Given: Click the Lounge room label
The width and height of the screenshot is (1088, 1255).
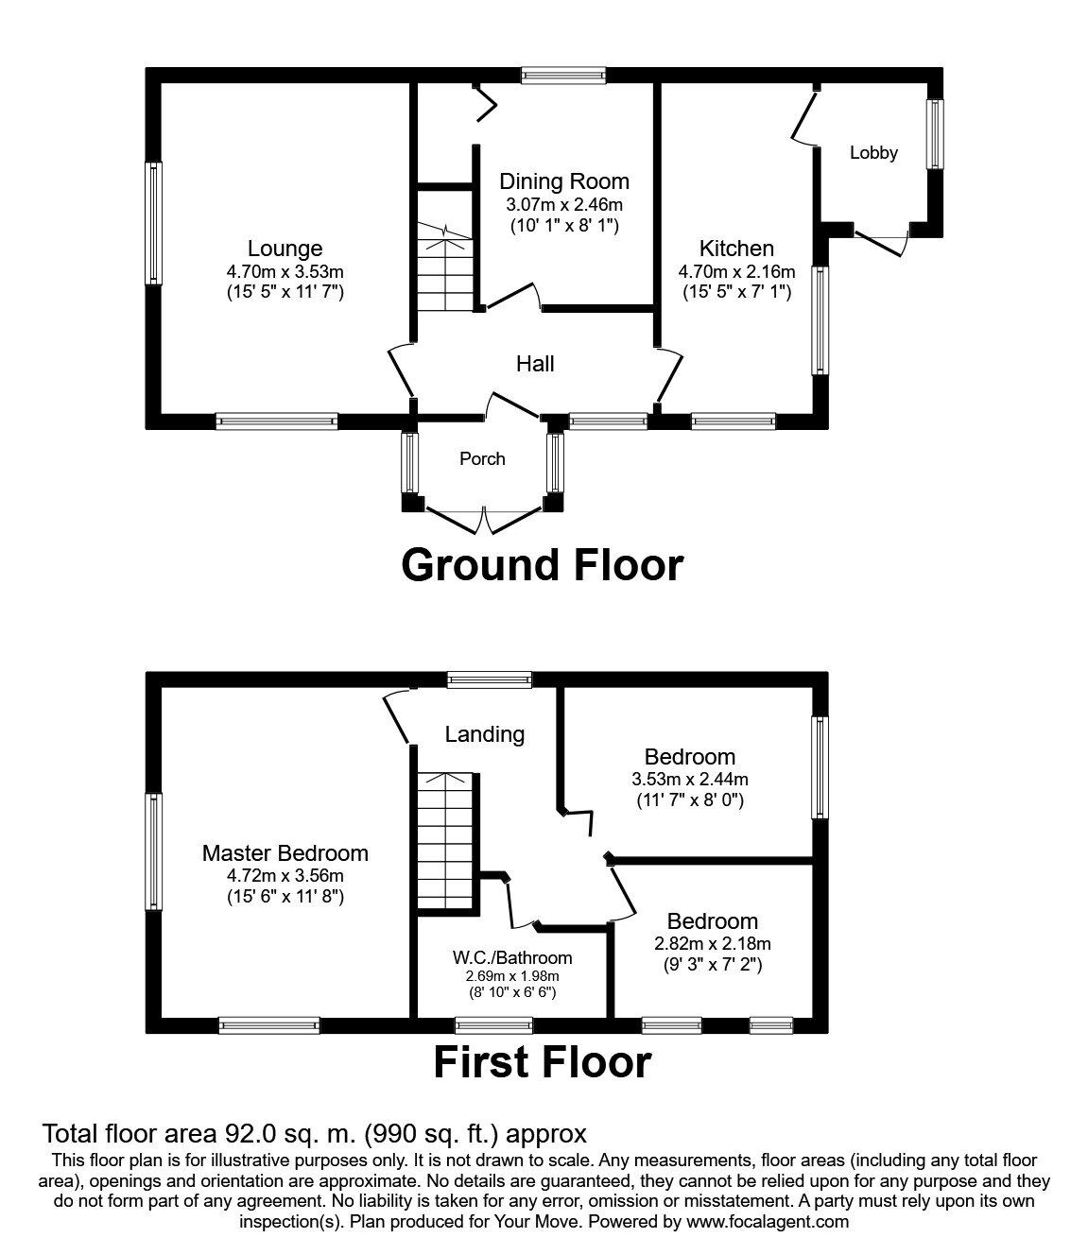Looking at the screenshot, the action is point(285,249).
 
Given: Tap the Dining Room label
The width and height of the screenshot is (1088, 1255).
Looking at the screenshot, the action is point(563,181).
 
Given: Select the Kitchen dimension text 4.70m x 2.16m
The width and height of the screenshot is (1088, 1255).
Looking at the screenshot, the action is point(736,271).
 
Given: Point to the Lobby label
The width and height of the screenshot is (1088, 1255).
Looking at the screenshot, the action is point(872,153).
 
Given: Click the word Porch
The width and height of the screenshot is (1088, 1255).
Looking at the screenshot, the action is point(482,458).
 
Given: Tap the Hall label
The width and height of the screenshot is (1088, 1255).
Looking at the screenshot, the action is point(535,364).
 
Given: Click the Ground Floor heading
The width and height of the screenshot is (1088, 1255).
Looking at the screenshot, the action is point(542,565).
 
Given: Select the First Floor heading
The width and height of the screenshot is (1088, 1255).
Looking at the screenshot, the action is point(542,1062).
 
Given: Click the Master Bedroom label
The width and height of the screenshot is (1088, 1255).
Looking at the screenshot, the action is point(285,853).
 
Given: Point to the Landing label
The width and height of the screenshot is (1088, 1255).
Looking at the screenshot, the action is point(484,734).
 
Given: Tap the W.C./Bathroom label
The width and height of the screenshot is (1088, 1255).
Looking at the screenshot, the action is point(512,957).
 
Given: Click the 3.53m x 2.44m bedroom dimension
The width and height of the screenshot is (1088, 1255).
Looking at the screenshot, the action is point(689,779).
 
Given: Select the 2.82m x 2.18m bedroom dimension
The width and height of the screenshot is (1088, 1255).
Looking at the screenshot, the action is point(712,943).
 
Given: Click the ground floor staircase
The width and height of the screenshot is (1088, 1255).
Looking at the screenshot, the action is point(445,267).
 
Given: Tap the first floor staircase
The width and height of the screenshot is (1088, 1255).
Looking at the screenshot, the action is point(445,841).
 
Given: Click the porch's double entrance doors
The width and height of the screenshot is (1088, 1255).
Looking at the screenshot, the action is point(484,520).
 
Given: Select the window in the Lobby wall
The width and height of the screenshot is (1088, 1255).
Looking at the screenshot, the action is point(936,134).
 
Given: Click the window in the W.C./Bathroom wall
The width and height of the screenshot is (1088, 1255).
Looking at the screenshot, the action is point(493,1025).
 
